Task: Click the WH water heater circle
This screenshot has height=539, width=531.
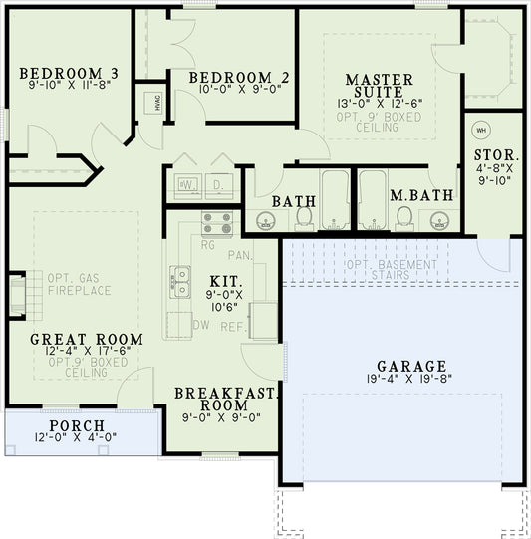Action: point(480,130)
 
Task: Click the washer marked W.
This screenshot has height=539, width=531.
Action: point(186,185)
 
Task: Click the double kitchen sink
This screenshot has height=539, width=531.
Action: point(181,281)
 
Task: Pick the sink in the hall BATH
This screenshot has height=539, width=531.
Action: point(266,220)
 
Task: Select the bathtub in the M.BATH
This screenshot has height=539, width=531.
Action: point(373,199)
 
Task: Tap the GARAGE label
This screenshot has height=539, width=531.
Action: point(411,366)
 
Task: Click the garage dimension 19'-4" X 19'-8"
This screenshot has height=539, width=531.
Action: point(411,380)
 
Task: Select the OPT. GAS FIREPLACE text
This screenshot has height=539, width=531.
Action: point(79,283)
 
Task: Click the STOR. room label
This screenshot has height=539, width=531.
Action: point(495,155)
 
